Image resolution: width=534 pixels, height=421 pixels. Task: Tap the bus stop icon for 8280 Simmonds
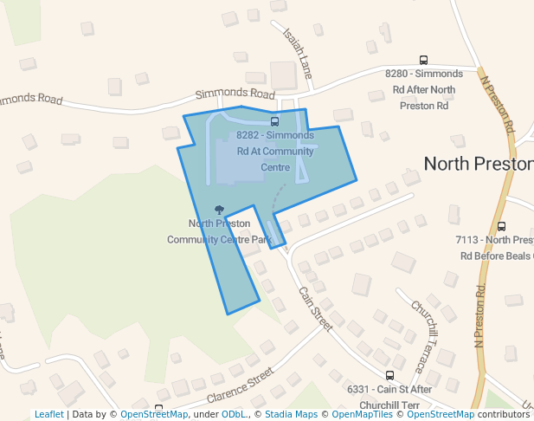coord(423,60)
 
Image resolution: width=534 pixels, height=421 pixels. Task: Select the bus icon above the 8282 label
coord(275,121)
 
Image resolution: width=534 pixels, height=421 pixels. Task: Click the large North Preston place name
coord(478,163)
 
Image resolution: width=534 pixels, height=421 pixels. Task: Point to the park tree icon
coord(219,210)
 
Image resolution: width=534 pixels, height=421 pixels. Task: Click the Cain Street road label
coord(315,308)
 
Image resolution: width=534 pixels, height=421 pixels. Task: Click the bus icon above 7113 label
coord(502,226)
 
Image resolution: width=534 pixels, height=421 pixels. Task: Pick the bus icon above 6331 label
coord(389,376)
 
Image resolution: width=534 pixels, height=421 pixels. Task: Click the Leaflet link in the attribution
coord(48,414)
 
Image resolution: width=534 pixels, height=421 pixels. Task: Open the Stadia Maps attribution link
coord(291,414)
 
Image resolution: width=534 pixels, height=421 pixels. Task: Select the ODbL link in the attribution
coord(234,414)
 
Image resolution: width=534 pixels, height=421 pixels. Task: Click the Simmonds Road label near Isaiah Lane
coord(235,93)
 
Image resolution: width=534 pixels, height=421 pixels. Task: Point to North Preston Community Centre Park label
coord(220,231)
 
